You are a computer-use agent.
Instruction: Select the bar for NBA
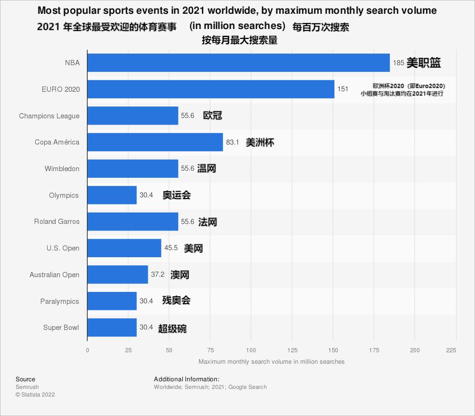coord(238,63)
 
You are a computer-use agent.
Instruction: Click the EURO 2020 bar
coord(211,89)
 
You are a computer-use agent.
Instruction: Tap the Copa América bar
coord(155,142)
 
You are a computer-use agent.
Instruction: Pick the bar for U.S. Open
coord(124,248)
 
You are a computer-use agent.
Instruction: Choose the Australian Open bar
coord(117,275)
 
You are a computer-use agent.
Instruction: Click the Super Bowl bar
coord(112,328)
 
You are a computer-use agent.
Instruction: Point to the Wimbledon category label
coord(62,169)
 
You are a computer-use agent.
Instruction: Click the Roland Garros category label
coord(57,222)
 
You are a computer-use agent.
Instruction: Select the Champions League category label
coord(49,116)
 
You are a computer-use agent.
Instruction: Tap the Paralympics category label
coord(59,301)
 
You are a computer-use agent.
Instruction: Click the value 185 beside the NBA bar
coord(399,63)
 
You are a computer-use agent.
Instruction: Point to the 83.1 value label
coord(232,142)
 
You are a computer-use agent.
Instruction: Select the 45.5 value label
coord(171,248)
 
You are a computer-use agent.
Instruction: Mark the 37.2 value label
coord(158,275)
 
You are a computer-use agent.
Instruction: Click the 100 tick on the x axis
coord(251,350)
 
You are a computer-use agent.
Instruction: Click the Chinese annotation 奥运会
coord(177,195)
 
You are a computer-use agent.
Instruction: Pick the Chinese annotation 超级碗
coord(172,328)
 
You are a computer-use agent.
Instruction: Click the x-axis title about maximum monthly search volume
coord(271,362)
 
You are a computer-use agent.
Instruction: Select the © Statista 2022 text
coord(35,395)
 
